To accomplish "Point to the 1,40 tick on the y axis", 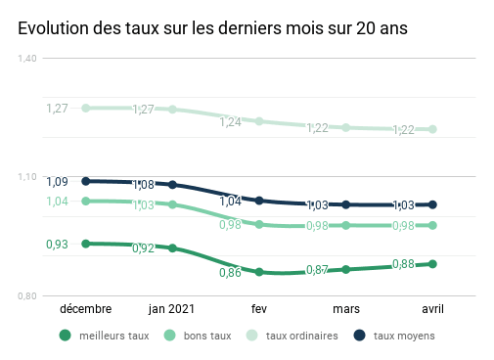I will point(27,59).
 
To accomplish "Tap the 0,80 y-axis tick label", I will point(27,295).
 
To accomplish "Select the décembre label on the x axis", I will point(86,309).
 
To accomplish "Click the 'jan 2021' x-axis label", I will point(172,309).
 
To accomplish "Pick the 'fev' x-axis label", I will point(259,309).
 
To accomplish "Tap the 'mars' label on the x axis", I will point(346,309).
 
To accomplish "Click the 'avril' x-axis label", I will point(432,309).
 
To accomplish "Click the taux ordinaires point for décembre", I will point(86,108).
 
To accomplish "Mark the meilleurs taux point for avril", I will point(432,264).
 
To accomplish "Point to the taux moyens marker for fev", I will point(259,201).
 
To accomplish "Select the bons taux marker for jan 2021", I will point(172,204).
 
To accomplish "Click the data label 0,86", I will point(230,272).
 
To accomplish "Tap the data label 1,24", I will point(231,122).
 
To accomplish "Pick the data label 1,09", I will point(57,182).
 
